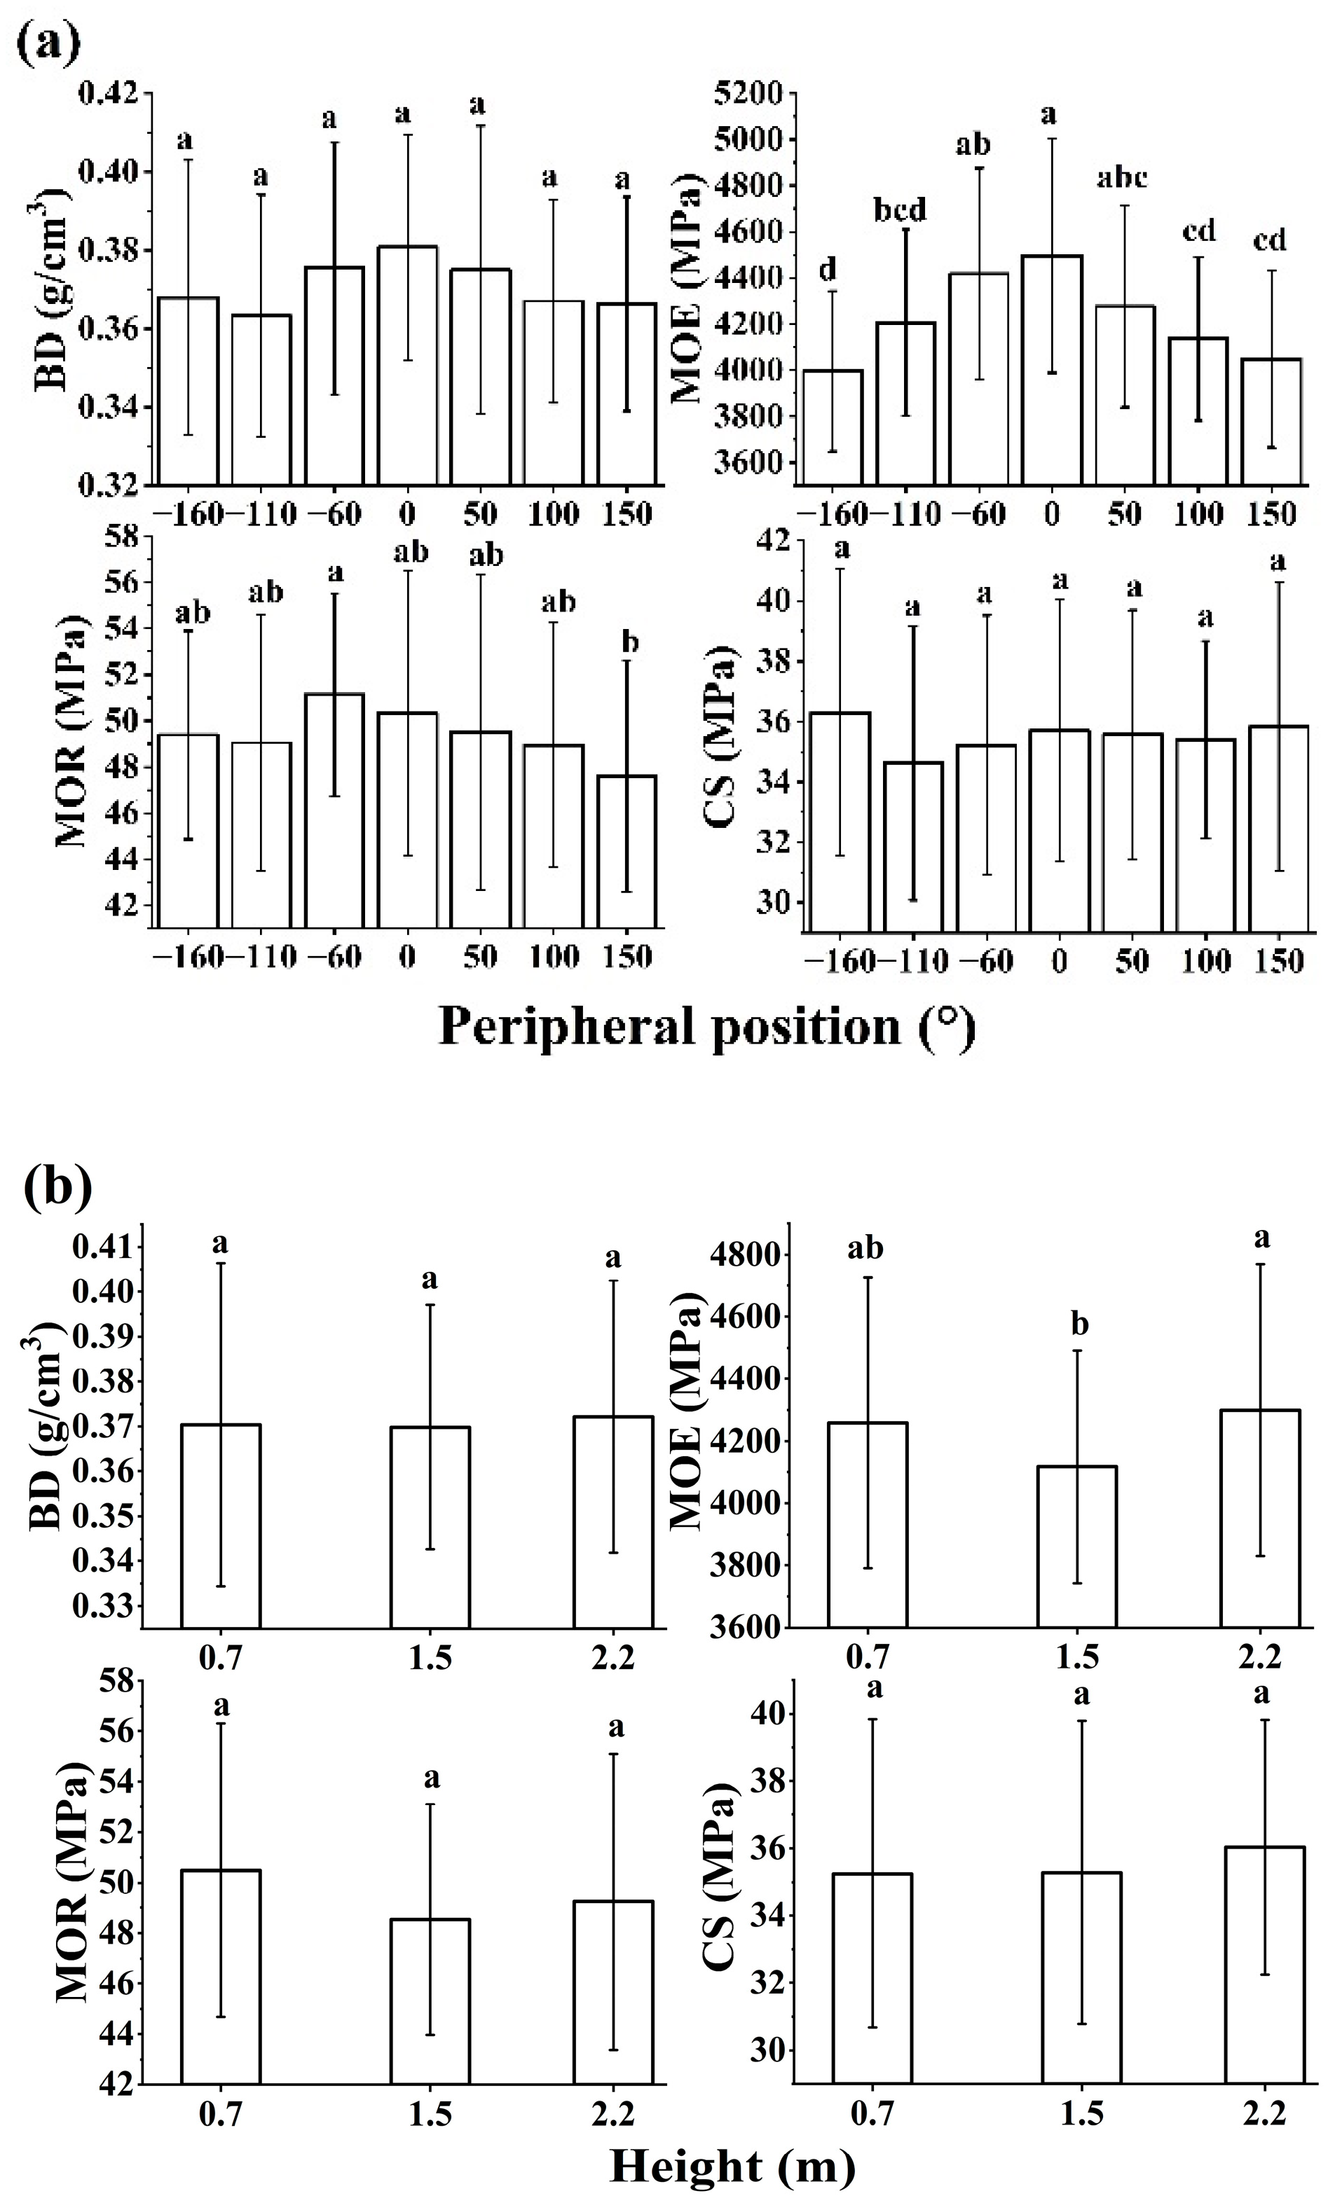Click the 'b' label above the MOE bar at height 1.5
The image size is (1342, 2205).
(1081, 1325)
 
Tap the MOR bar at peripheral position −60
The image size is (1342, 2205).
(335, 810)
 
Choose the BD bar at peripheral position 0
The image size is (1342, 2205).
(407, 367)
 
